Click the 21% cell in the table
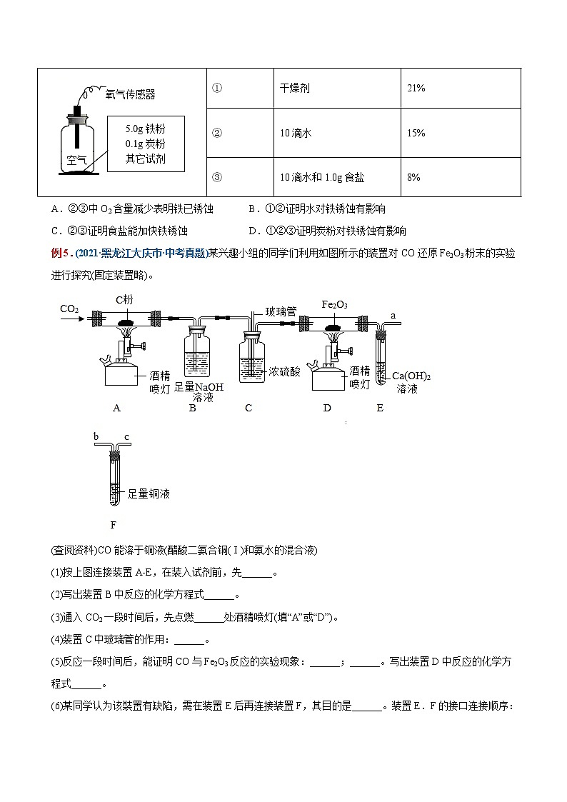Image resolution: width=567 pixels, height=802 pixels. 416,89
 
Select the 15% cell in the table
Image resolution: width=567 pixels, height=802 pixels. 416,133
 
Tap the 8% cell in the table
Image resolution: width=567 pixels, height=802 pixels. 413,176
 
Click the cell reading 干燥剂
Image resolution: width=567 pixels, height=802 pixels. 295,89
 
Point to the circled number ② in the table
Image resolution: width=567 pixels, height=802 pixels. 217,133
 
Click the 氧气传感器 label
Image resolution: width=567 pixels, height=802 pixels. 130,94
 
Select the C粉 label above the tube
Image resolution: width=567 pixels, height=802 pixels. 125,300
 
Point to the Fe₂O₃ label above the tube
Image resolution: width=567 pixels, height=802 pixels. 335,305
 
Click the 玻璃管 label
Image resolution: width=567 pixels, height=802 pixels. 281,311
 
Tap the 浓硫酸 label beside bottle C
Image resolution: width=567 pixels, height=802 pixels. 284,371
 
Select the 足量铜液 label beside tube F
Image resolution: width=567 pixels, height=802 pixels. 148,493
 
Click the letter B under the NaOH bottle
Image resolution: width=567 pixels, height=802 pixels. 193,408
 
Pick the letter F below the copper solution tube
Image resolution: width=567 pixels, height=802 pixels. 113,526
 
